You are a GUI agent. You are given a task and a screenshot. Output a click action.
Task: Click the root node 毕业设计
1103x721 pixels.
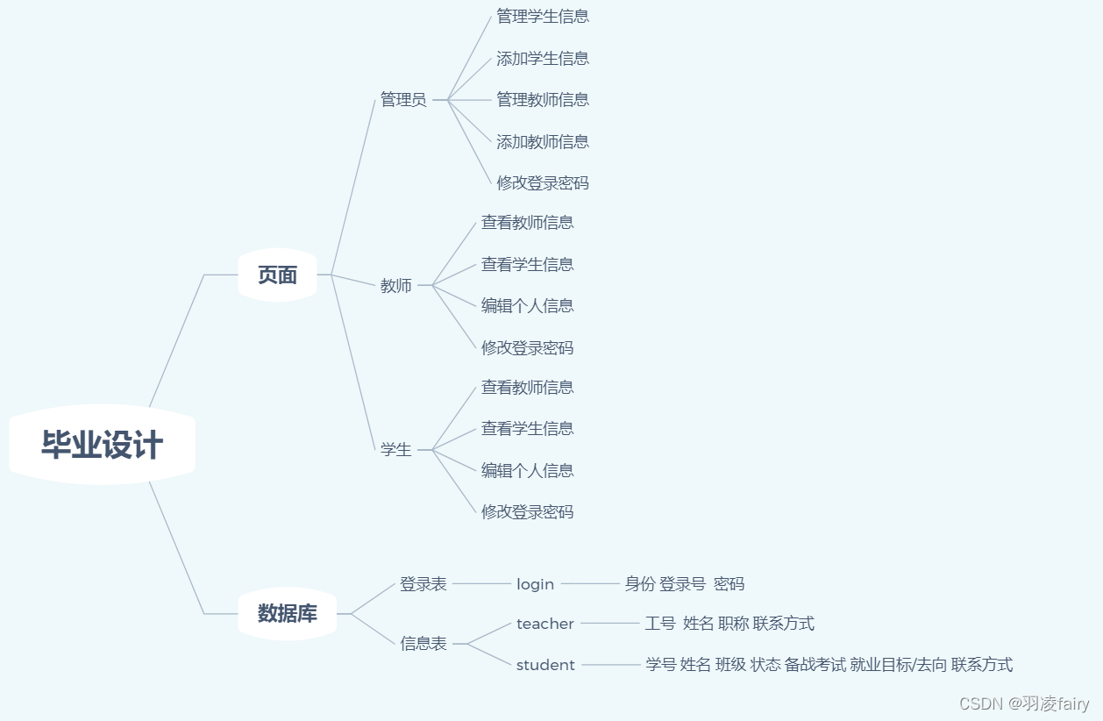pyautogui.click(x=102, y=445)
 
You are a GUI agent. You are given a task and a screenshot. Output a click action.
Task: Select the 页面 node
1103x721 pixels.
pyautogui.click(x=277, y=275)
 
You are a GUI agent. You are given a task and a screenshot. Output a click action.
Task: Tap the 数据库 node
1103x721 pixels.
pyautogui.click(x=288, y=614)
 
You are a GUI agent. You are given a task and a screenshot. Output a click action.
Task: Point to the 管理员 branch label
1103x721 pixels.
pyautogui.click(x=403, y=100)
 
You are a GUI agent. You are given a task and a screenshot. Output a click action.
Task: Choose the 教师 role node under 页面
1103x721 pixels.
pyautogui.click(x=396, y=286)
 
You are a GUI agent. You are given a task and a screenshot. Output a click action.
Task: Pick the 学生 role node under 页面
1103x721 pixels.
pyautogui.click(x=396, y=450)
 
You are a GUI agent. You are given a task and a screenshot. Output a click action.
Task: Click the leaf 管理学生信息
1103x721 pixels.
pyautogui.click(x=543, y=17)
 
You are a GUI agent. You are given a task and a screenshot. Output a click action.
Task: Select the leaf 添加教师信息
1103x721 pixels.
pyautogui.click(x=543, y=141)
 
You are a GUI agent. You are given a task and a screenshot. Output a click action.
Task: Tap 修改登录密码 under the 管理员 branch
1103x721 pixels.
pyautogui.click(x=543, y=183)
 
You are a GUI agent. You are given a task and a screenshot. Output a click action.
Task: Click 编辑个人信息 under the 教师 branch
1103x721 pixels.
pyautogui.click(x=527, y=306)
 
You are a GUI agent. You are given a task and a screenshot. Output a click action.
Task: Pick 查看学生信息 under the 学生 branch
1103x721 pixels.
pyautogui.click(x=527, y=429)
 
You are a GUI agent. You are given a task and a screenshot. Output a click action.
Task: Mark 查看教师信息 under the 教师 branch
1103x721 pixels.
pyautogui.click(x=527, y=223)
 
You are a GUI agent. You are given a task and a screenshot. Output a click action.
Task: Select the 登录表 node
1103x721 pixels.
pyautogui.click(x=423, y=584)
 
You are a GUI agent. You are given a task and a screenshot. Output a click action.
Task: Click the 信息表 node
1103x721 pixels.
pyautogui.click(x=423, y=644)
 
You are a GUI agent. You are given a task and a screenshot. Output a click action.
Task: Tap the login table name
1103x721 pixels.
pyautogui.click(x=535, y=584)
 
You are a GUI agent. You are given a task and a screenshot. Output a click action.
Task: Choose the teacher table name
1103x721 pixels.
pyautogui.click(x=544, y=624)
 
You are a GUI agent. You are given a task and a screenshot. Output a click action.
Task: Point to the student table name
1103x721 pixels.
pyautogui.click(x=545, y=665)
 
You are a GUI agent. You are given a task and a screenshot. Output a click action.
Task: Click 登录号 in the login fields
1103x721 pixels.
pyautogui.click(x=682, y=584)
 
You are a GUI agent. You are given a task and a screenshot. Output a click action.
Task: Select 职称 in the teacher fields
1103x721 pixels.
pyautogui.click(x=733, y=624)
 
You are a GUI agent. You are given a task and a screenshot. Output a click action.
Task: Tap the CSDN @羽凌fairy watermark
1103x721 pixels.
pyautogui.click(x=1024, y=703)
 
